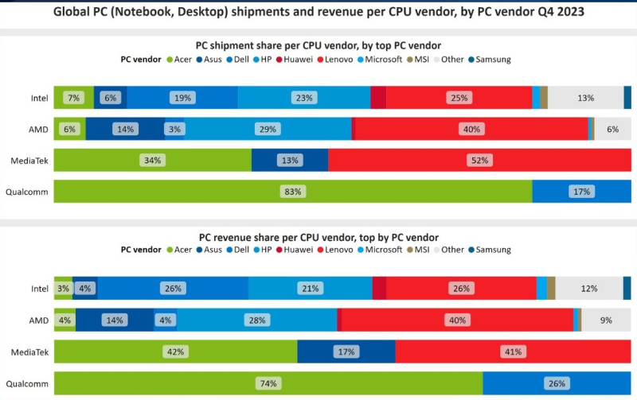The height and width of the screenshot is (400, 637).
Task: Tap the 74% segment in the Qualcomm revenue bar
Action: click(268, 384)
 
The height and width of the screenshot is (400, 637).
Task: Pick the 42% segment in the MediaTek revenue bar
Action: click(175, 351)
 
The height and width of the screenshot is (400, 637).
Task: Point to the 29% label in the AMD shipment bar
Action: click(267, 129)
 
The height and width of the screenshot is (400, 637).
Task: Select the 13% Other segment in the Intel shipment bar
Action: click(586, 97)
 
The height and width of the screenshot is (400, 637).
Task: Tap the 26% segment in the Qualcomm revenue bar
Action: click(556, 384)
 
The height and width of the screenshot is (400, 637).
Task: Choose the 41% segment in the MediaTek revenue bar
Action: click(513, 351)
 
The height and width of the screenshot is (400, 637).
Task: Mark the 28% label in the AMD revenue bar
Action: click(257, 320)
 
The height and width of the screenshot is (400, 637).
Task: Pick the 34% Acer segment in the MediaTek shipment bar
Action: click(152, 160)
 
